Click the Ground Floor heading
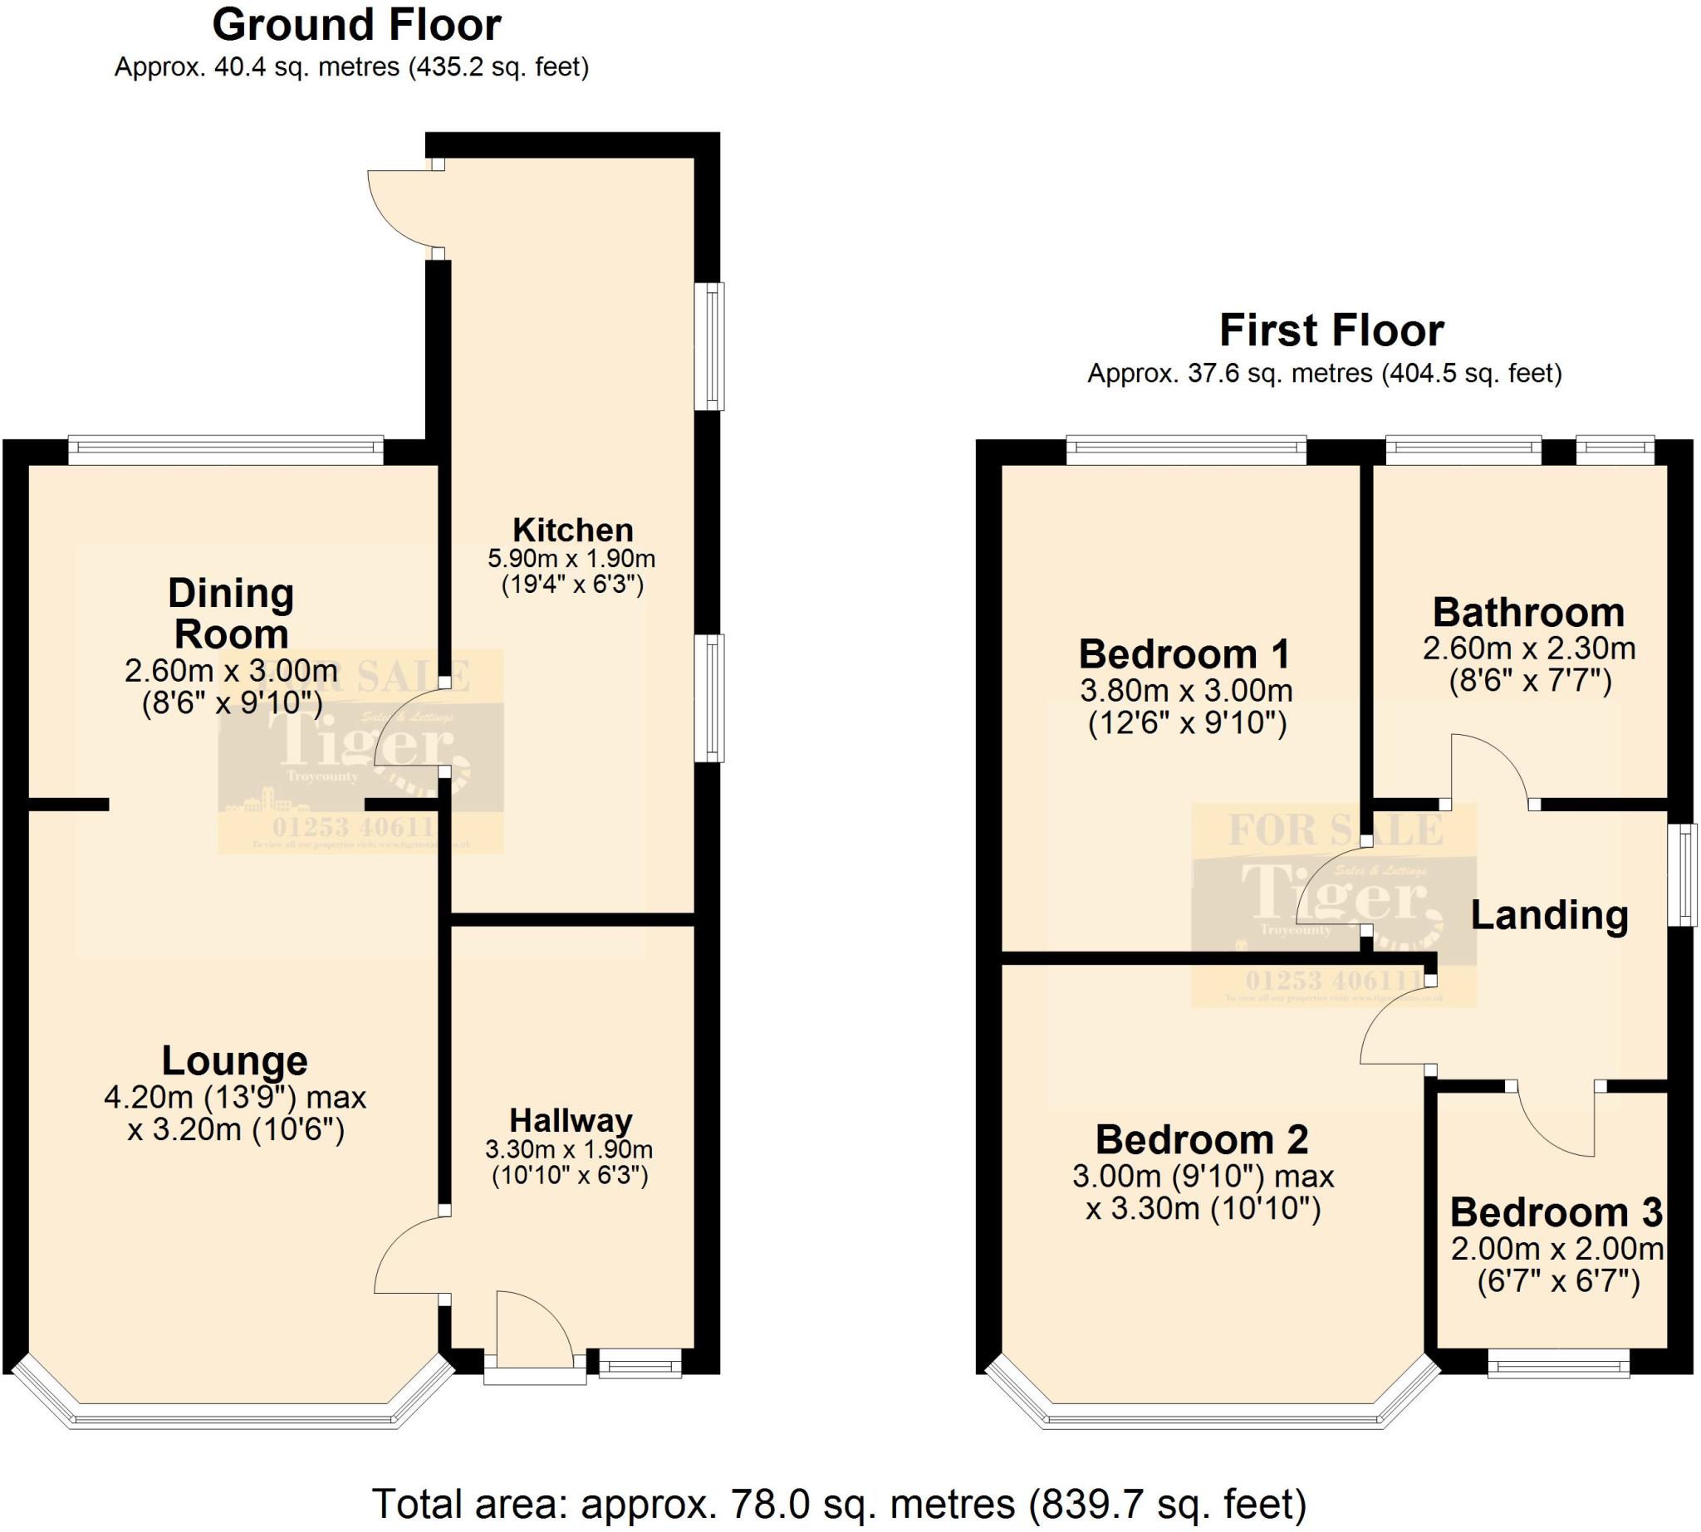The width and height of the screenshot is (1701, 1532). point(356,25)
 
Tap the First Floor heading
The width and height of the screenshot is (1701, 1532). point(1331,330)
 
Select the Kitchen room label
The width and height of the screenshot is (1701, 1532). point(572,530)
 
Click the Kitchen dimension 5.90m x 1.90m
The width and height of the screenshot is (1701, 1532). point(571,558)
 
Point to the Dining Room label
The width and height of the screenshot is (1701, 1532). point(231,614)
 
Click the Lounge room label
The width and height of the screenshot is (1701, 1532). point(234,1060)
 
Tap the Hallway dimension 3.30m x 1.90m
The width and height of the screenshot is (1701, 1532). point(569,1149)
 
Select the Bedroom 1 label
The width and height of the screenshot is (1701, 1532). point(1185,654)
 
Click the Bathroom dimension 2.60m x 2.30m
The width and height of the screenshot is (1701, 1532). point(1528,649)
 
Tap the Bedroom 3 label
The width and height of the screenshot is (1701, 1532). point(1556,1212)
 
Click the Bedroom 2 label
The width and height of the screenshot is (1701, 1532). point(1202,1140)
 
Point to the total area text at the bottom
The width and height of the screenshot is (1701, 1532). point(839,1504)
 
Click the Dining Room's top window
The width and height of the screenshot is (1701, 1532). point(226,449)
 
